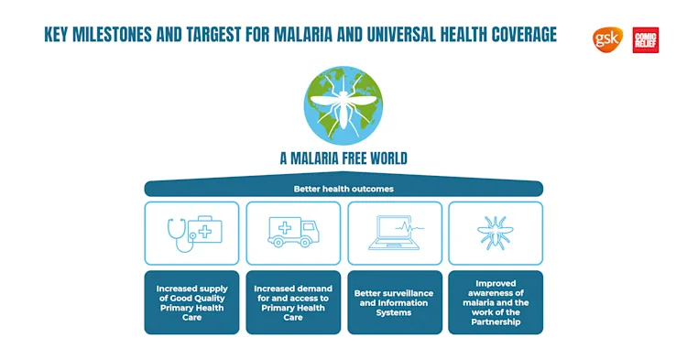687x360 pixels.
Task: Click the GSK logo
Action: tap(606, 38)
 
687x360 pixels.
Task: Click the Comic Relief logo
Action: tap(645, 39)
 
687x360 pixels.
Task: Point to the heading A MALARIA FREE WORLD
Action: tap(343, 158)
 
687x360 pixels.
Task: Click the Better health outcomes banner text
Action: tap(343, 189)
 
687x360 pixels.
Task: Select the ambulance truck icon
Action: tap(293, 233)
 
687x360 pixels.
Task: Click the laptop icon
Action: tap(394, 234)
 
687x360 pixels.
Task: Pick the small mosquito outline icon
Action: tap(495, 233)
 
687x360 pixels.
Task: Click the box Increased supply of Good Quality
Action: tap(191, 301)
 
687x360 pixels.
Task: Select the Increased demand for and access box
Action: tap(293, 301)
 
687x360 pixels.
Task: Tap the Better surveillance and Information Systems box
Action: tap(394, 301)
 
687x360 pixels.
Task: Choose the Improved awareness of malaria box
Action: tap(495, 301)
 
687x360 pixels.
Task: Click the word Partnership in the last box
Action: tap(495, 322)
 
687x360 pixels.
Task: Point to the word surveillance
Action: tap(407, 293)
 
